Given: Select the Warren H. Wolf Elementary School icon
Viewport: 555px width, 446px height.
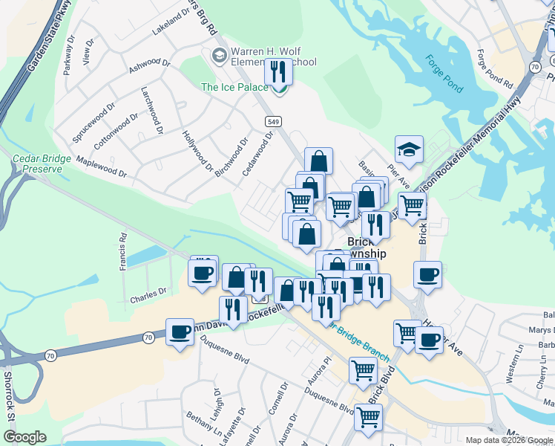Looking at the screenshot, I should click(219, 56).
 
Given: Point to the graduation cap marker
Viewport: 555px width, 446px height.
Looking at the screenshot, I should click(409, 149).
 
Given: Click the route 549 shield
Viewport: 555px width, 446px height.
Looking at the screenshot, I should click(274, 120).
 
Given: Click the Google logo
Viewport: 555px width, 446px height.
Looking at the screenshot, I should click(24, 436).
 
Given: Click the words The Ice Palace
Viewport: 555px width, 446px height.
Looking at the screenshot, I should click(234, 88).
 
